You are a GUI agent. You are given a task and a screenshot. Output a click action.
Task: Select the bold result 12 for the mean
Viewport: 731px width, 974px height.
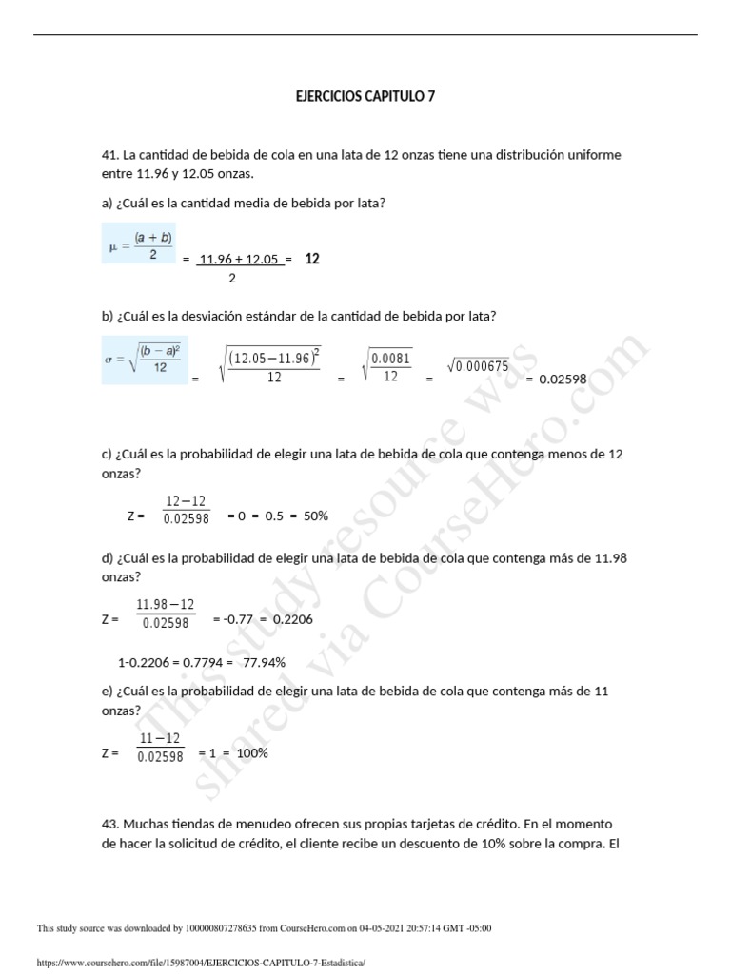(x=312, y=258)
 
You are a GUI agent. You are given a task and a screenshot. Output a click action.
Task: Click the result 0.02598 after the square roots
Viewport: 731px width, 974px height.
(x=563, y=379)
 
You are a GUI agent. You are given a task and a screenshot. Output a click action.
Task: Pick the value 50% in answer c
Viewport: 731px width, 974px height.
(x=316, y=516)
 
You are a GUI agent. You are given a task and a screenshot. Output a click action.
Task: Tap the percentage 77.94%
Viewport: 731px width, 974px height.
(x=266, y=662)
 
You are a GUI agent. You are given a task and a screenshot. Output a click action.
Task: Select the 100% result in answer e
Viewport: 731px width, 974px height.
(x=252, y=752)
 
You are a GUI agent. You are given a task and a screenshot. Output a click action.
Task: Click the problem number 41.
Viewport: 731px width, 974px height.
(x=109, y=155)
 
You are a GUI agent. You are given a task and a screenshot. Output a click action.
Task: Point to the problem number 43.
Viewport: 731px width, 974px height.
(x=109, y=823)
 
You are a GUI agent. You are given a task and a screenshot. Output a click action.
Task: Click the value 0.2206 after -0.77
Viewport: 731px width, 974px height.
(x=291, y=619)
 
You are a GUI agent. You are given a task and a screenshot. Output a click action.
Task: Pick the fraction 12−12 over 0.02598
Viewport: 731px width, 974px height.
(x=186, y=510)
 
